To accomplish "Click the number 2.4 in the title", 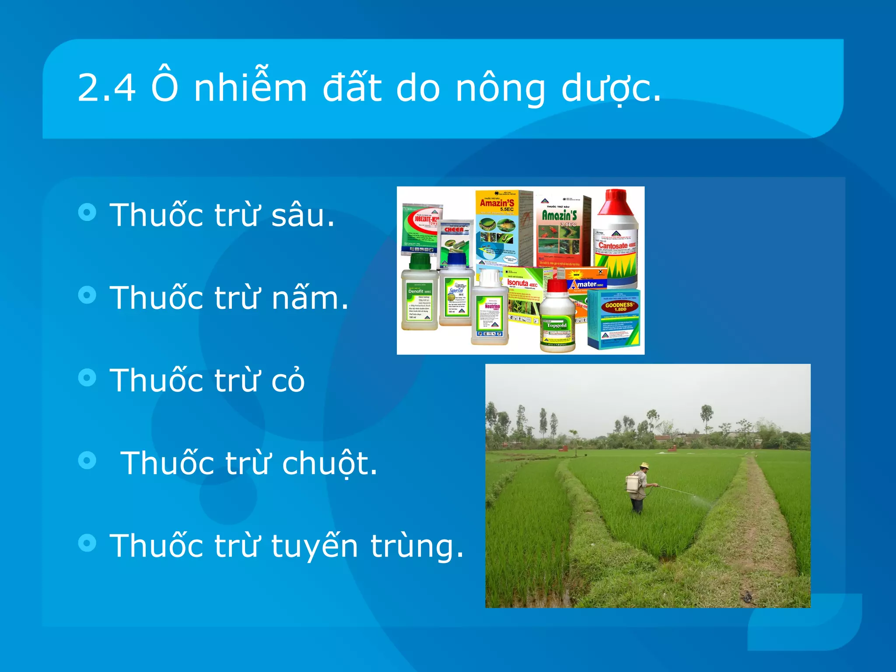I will click(x=106, y=88).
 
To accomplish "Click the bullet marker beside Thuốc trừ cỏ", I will click(x=87, y=377).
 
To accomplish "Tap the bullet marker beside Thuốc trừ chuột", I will click(x=87, y=460).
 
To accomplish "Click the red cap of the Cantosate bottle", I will click(x=616, y=202).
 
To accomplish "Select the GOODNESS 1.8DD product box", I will click(x=613, y=318).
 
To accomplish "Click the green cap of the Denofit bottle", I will click(x=420, y=262).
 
